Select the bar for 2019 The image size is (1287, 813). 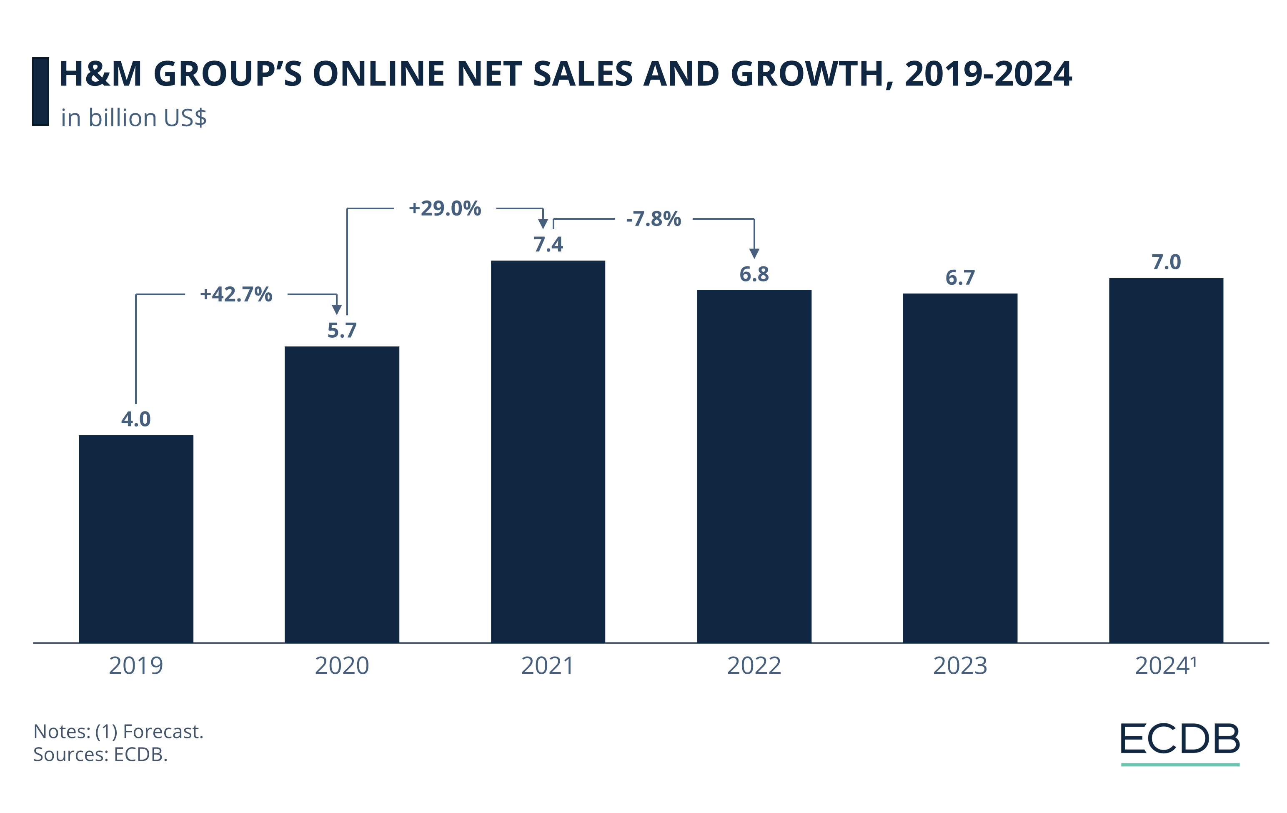point(136,538)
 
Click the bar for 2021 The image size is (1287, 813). point(548,451)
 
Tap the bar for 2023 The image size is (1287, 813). point(960,468)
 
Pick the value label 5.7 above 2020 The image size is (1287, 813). point(341,330)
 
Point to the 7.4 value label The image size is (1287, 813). point(548,244)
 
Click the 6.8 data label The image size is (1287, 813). point(754,274)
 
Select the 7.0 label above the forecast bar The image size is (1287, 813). point(1166,262)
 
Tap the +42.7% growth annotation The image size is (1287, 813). point(236,294)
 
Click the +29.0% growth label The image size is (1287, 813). point(445,208)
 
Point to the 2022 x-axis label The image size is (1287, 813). point(754,666)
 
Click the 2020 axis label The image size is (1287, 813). point(341,666)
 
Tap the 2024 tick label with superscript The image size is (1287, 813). point(1165,666)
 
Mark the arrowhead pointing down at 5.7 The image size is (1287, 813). point(337,309)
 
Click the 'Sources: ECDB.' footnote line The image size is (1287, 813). point(100,754)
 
